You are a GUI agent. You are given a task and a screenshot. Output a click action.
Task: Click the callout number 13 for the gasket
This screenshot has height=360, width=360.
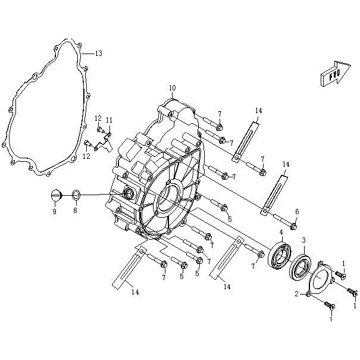tap(99, 54)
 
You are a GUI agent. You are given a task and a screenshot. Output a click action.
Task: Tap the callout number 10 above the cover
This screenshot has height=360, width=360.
tap(173, 88)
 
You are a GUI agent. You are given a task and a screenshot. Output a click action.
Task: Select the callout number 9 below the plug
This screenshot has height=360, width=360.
tap(54, 211)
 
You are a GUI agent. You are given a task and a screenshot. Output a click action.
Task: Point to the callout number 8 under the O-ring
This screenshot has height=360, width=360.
tap(76, 211)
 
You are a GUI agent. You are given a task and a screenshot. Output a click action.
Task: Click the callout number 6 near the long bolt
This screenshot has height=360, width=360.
tap(296, 211)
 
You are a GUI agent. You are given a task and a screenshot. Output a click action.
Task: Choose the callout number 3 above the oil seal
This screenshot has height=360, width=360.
tap(303, 240)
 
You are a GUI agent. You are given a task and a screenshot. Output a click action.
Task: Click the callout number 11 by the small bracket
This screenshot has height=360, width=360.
tap(109, 120)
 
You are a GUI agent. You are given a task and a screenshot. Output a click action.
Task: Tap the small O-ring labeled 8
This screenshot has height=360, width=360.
tap(76, 195)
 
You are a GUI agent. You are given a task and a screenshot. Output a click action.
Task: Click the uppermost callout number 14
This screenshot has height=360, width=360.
tap(258, 111)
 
